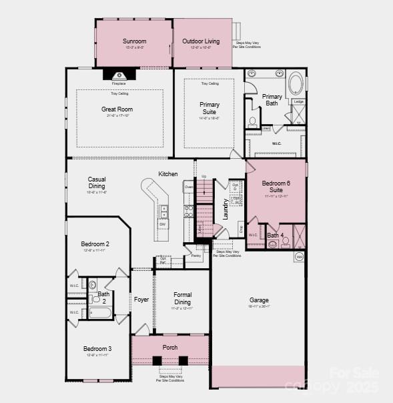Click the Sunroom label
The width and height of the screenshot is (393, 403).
click(134, 41)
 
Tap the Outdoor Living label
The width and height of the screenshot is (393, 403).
click(201, 41)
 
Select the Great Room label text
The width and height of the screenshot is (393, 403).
click(117, 109)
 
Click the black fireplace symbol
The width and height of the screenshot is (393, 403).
click(119, 75)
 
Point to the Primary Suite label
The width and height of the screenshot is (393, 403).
click(210, 108)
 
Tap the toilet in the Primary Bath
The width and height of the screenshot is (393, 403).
click(252, 122)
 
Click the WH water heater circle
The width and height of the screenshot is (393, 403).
click(300, 257)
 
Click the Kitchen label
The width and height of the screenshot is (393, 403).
click(168, 174)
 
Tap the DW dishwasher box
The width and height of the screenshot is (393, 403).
click(162, 224)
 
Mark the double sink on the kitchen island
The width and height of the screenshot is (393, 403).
click(164, 212)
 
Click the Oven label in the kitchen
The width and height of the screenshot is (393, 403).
click(189, 187)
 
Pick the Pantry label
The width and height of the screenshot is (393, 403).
click(195, 256)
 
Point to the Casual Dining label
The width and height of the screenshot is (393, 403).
click(97, 182)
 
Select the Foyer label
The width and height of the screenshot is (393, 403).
click(141, 300)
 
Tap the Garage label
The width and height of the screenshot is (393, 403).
click(259, 300)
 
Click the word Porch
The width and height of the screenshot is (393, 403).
click(170, 348)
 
